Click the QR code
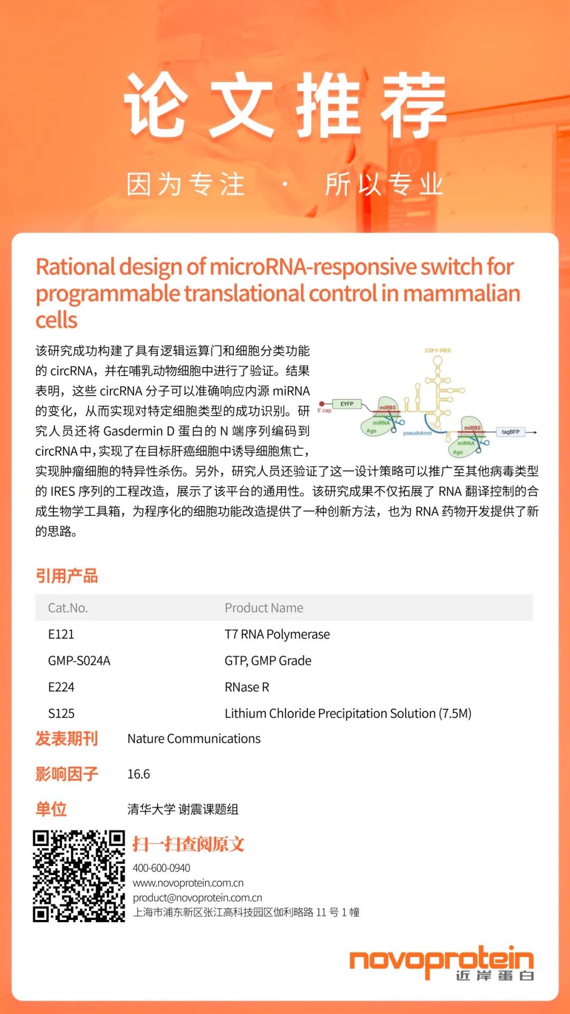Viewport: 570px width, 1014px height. tap(79, 876)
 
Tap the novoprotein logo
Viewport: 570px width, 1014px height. tap(441, 963)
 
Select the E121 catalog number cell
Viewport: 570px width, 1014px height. tap(61, 634)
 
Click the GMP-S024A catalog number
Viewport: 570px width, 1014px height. tap(79, 661)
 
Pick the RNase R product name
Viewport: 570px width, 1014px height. tap(247, 687)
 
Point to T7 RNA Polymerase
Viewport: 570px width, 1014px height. tap(277, 634)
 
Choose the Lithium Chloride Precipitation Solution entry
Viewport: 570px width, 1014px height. tap(348, 713)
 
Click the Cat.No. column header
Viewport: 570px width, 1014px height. tap(68, 608)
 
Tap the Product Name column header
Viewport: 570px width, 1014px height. tap(264, 608)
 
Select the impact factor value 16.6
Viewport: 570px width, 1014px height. tap(139, 774)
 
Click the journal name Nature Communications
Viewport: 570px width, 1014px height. tap(194, 739)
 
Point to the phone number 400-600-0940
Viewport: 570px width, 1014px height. tap(161, 868)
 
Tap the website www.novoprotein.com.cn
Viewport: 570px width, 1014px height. tap(188, 882)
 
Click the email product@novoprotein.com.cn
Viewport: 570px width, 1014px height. tap(197, 897)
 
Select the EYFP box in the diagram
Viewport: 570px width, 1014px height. tap(347, 404)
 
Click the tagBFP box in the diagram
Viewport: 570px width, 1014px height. tap(510, 432)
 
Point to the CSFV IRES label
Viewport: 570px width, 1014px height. tap(438, 350)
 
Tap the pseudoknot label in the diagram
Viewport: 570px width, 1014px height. tap(417, 433)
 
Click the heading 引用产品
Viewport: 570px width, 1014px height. tap(67, 576)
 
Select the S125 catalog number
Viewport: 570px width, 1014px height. tap(61, 713)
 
